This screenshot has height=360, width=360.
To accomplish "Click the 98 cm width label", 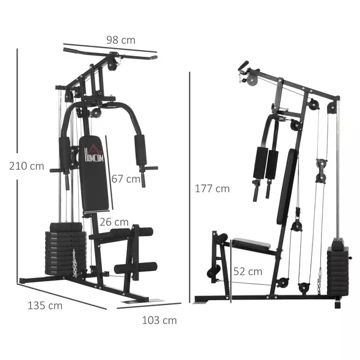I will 119,40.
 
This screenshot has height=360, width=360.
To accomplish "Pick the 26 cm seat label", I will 114,222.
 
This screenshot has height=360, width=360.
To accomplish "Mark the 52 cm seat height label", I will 248,271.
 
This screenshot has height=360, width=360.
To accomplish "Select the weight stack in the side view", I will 337,268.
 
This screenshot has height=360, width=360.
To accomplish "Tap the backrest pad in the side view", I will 287,186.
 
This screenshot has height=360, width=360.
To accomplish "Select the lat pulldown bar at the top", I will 110,56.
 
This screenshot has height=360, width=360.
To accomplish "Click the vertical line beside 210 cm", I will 17,165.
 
